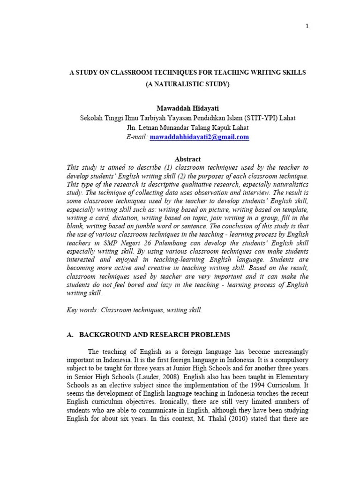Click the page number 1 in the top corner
307,26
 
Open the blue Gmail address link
199,137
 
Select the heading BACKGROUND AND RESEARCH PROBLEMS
155,335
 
